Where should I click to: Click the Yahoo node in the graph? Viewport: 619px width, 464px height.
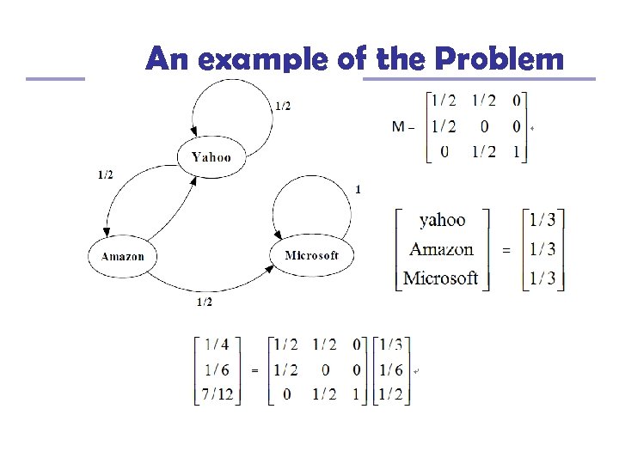pyautogui.click(x=211, y=157)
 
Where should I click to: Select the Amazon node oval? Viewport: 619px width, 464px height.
pyautogui.click(x=123, y=256)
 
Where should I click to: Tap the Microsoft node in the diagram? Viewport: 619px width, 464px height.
pyautogui.click(x=311, y=255)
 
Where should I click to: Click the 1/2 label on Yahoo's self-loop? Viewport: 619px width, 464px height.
pyautogui.click(x=282, y=106)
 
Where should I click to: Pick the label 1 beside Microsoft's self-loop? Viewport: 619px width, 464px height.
pyautogui.click(x=358, y=189)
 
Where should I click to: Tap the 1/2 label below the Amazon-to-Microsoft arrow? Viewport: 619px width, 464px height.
pyautogui.click(x=205, y=302)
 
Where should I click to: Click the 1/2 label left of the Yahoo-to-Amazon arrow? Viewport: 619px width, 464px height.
pyautogui.click(x=105, y=174)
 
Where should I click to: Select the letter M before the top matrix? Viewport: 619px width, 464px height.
pyautogui.click(x=399, y=127)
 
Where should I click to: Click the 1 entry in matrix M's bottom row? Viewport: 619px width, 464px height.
pyautogui.click(x=517, y=152)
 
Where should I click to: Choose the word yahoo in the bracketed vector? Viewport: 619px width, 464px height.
pyautogui.click(x=442, y=221)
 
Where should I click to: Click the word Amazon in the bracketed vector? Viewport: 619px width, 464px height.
pyautogui.click(x=441, y=249)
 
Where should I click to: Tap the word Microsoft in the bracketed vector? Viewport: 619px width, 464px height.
pyautogui.click(x=440, y=278)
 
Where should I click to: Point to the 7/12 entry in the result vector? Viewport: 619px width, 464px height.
pyautogui.click(x=218, y=394)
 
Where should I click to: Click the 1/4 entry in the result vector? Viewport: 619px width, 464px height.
pyautogui.click(x=218, y=345)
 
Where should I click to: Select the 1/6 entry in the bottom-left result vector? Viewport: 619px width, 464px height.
pyautogui.click(x=218, y=369)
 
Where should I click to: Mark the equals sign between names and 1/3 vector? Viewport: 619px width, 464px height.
pyautogui.click(x=505, y=250)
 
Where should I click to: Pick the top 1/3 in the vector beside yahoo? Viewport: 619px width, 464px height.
pyautogui.click(x=543, y=221)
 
